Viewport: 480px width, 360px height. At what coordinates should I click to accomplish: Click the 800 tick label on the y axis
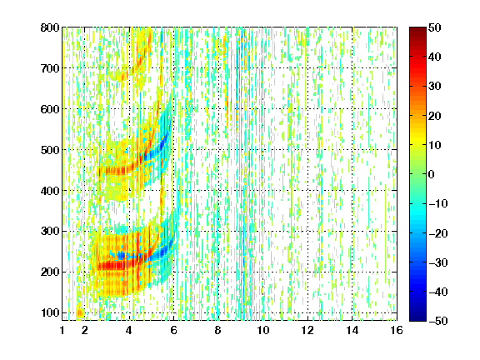coord(50,27)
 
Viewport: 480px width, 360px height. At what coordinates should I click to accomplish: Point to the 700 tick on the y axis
coord(50,68)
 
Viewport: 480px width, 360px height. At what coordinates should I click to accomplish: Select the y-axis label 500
coord(50,150)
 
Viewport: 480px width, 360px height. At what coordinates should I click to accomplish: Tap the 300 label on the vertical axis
coord(50,231)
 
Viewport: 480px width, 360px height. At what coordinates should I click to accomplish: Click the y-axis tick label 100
coord(51,312)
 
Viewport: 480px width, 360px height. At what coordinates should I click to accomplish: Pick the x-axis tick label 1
coord(62,330)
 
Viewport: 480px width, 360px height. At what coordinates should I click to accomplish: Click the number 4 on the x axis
coord(129,330)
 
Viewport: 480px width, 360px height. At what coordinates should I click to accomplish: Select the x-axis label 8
coord(218,330)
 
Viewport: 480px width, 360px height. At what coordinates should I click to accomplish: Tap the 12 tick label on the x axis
coord(307,330)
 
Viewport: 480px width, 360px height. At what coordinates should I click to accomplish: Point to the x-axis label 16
coord(397,330)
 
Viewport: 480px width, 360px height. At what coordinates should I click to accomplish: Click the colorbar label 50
coord(435,27)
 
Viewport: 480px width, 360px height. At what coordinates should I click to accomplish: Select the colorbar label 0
coord(432,174)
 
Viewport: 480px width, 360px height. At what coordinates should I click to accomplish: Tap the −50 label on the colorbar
coord(438,321)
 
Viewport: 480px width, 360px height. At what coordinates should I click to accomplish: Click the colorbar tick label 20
coord(435,116)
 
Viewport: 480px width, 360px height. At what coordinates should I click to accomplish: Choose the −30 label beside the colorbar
coord(438,262)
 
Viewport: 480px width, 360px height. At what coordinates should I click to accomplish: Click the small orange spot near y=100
coord(80,312)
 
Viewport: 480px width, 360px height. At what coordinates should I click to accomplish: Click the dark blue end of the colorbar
coord(417,318)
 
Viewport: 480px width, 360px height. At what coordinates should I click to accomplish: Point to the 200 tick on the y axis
coord(50,272)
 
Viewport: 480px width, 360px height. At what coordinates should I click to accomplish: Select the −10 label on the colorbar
coord(438,203)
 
